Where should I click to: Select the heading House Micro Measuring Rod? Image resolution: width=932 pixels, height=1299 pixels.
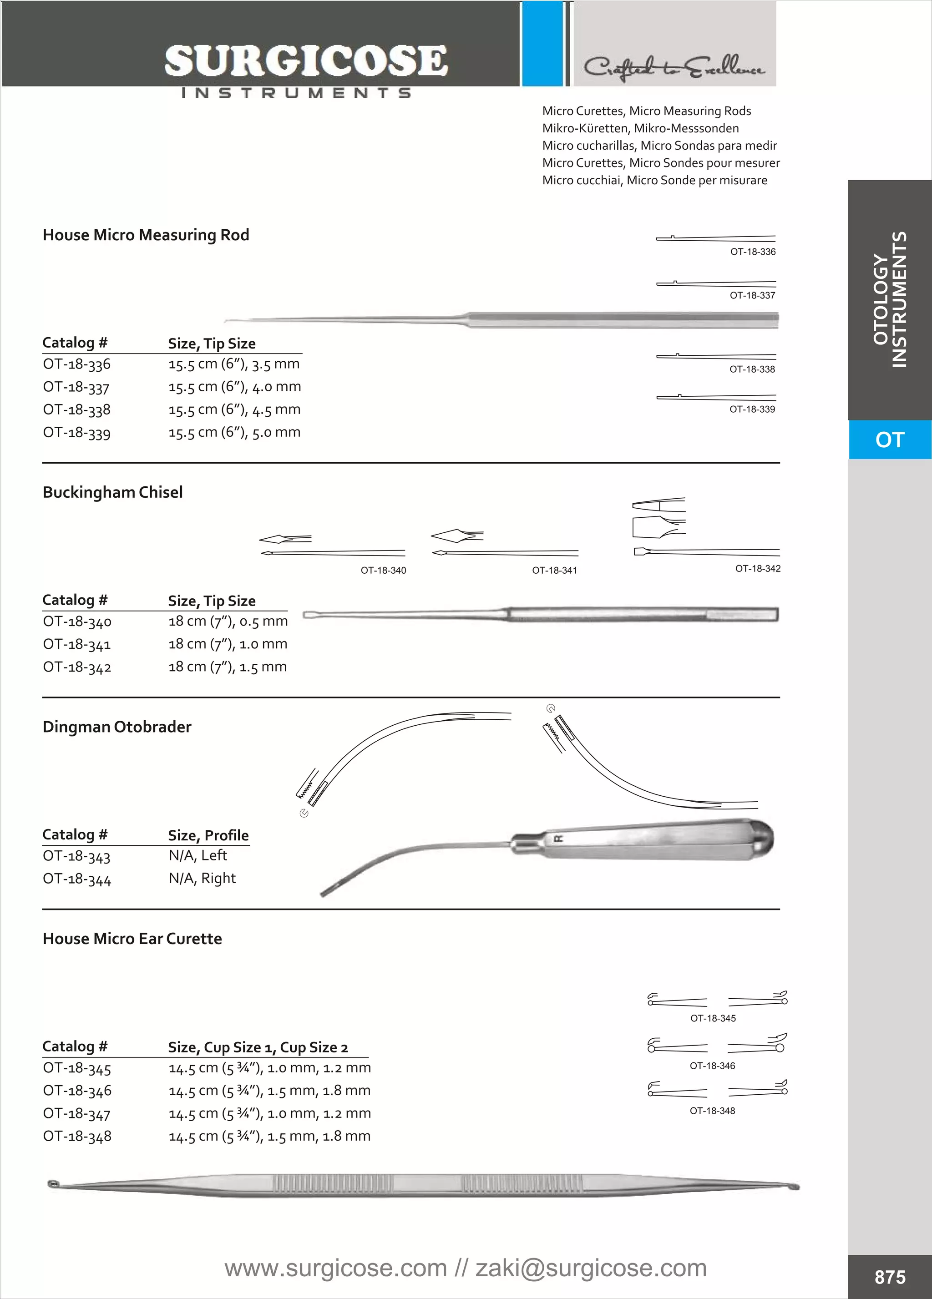(146, 235)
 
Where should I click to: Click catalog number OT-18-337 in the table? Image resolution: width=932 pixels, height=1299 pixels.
(76, 387)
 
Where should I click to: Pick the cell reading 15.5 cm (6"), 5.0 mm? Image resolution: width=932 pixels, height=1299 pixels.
(234, 432)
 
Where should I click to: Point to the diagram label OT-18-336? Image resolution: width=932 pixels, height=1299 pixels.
(753, 252)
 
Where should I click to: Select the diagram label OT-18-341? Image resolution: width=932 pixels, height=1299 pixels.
(554, 570)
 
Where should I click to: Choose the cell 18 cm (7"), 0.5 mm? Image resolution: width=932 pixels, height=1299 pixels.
(228, 622)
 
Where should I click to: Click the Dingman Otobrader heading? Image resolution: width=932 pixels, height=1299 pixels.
(117, 727)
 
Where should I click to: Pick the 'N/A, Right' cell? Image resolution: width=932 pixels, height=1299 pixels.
(202, 878)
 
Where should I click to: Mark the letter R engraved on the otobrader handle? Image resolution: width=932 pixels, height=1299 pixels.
(558, 839)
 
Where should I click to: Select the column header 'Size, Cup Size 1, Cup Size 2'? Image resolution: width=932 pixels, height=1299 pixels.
(258, 1047)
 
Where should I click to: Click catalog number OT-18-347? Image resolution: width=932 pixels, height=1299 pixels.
(77, 1114)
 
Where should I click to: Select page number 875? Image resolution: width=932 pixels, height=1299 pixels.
(890, 1277)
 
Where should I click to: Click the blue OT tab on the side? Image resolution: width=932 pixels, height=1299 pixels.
(889, 440)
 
